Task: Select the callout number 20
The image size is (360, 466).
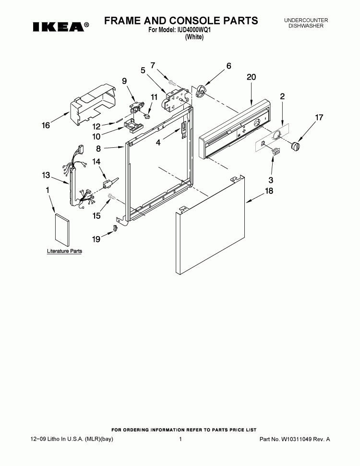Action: click(x=251, y=77)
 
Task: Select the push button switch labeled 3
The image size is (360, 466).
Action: click(x=276, y=151)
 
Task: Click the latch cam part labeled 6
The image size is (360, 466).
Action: click(x=201, y=91)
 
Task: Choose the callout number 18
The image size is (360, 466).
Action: click(x=269, y=191)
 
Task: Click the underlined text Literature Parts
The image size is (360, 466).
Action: click(x=64, y=251)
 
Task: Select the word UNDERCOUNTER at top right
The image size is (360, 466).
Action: click(x=306, y=20)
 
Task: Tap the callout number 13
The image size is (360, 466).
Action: click(x=46, y=175)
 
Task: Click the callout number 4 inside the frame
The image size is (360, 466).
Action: click(x=158, y=143)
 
